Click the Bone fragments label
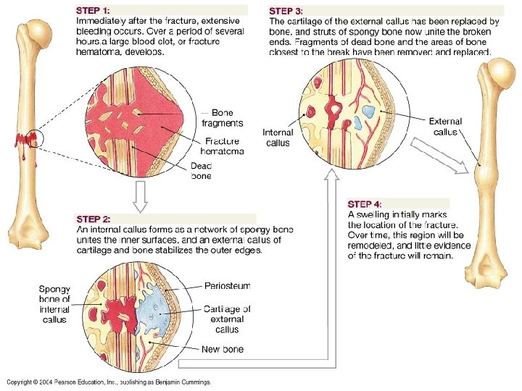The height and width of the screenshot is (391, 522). [x=226, y=119]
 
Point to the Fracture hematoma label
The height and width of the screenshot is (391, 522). [x=222, y=146]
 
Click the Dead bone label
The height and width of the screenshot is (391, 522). [x=201, y=171]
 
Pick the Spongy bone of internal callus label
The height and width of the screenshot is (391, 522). [x=55, y=304]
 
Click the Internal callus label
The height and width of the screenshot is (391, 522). [x=278, y=138]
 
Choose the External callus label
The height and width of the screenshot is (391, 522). [x=445, y=127]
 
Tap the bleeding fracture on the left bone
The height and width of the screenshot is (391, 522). [x=27, y=141]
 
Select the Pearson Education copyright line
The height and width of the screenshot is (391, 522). [x=109, y=382]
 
